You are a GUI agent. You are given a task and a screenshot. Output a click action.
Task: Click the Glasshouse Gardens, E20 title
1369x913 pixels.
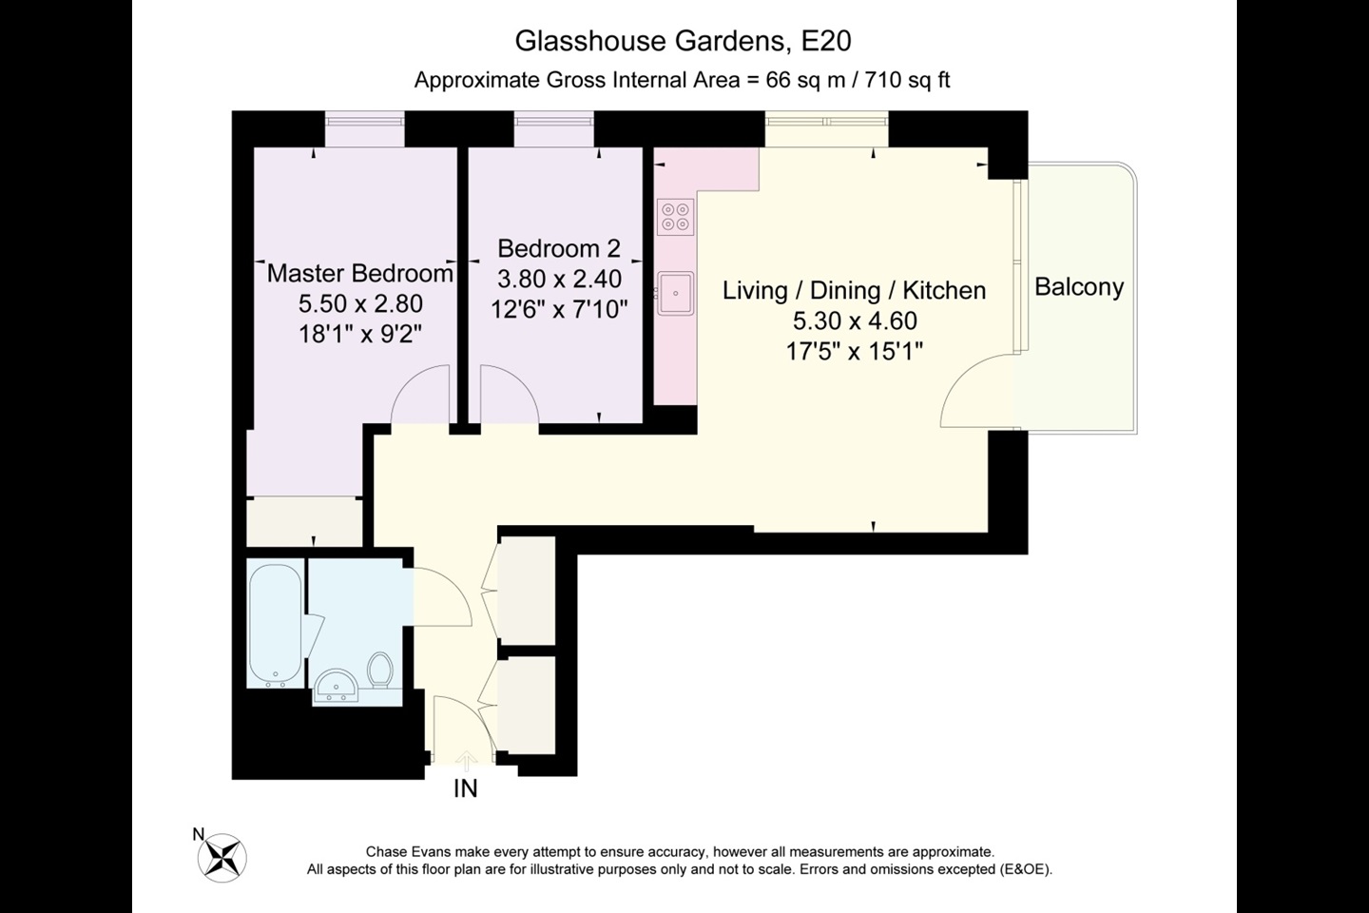(x=683, y=41)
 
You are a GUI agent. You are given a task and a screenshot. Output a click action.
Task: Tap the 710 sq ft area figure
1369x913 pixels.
(x=904, y=80)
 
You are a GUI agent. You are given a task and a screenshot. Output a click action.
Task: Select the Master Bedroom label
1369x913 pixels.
(x=359, y=274)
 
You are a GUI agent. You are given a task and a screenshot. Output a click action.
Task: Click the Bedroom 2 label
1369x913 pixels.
(x=558, y=248)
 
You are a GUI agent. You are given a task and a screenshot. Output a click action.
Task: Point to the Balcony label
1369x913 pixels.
(x=1079, y=287)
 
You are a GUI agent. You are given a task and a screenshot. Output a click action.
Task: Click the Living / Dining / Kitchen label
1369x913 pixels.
(x=854, y=291)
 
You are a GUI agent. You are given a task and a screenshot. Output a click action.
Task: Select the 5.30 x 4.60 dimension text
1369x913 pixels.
(x=854, y=321)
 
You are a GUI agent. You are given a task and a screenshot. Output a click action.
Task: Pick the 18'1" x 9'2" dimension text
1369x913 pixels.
(x=359, y=334)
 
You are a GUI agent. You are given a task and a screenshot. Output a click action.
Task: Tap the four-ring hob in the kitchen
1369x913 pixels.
(x=675, y=217)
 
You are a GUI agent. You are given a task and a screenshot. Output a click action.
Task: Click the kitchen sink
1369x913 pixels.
(x=675, y=292)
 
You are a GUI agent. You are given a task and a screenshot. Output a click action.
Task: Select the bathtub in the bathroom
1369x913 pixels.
(x=276, y=623)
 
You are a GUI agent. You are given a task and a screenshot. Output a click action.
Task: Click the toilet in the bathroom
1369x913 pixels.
(x=380, y=670)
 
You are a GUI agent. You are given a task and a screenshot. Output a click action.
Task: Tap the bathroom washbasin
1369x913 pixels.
(x=335, y=686)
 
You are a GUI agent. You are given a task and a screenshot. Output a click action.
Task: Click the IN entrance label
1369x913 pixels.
(x=466, y=788)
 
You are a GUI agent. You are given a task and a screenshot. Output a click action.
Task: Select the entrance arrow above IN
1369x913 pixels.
(x=466, y=759)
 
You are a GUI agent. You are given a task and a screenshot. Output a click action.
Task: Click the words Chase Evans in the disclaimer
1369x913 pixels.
(x=403, y=852)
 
